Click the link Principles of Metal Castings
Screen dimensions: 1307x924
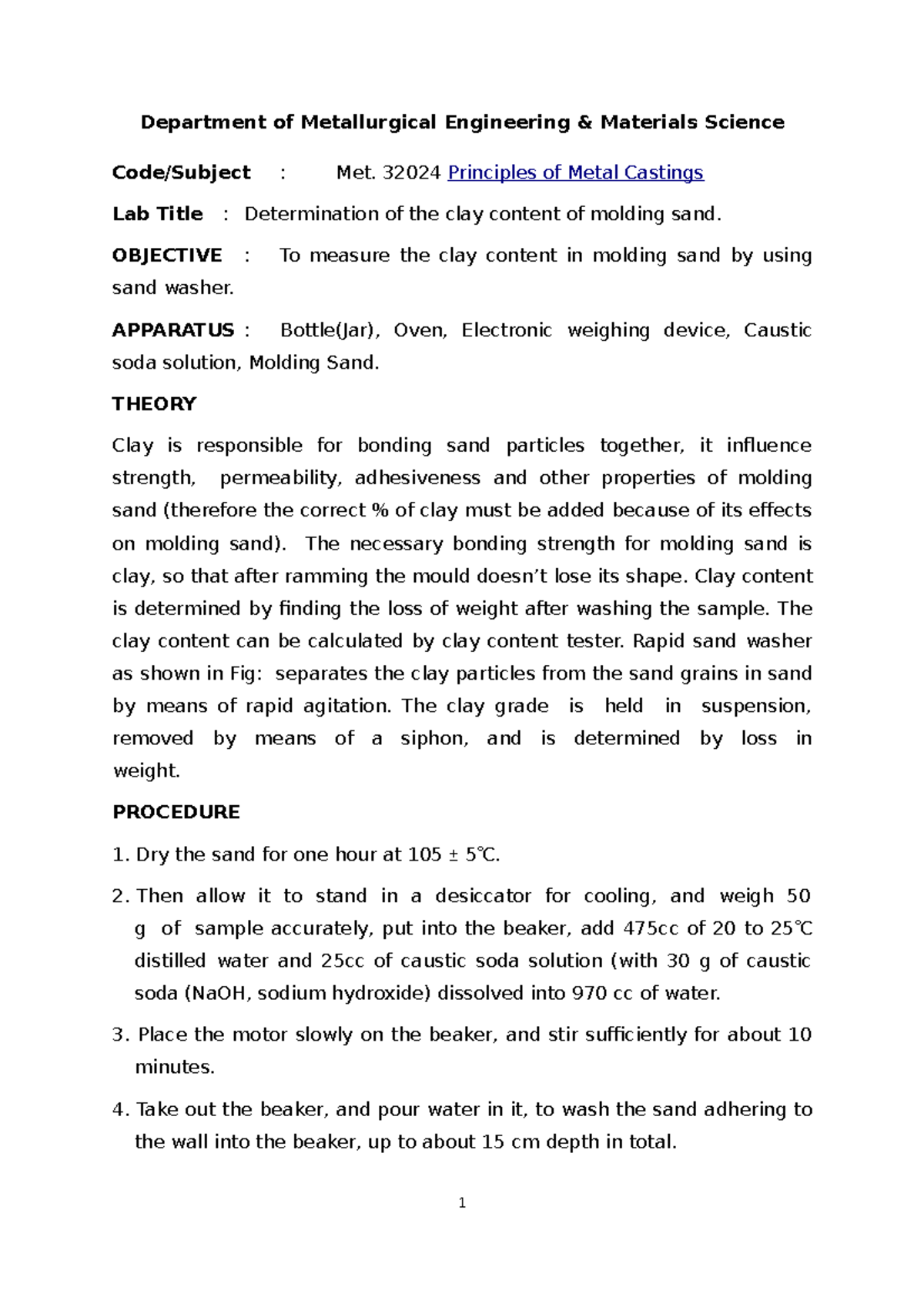click(575, 172)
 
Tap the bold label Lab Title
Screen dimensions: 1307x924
click(158, 214)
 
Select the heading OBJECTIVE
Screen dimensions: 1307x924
click(167, 256)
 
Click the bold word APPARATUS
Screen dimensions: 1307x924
click(173, 330)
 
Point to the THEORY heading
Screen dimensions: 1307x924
click(154, 404)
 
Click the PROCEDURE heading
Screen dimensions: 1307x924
click(176, 812)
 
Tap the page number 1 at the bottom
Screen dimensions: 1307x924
click(462, 1203)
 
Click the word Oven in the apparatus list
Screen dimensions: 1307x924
click(420, 330)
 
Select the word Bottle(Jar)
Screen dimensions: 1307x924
click(330, 330)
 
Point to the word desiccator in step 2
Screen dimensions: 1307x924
click(483, 896)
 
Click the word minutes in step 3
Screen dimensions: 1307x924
click(174, 1067)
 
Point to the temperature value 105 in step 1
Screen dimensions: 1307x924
click(424, 854)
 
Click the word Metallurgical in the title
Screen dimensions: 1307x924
click(368, 122)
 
